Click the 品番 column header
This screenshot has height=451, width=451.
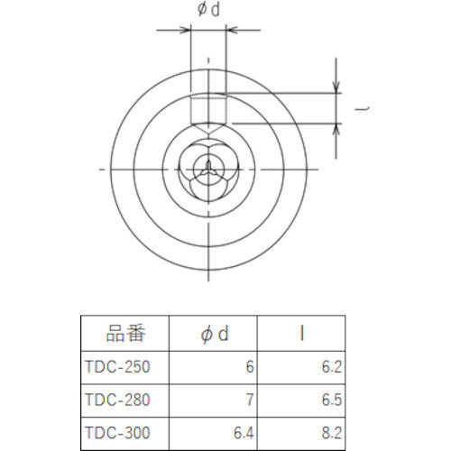coord(124,335)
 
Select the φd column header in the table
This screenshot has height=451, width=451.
coord(214,335)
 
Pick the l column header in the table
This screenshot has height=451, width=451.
coord(300,335)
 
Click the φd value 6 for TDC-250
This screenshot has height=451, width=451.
coord(249,367)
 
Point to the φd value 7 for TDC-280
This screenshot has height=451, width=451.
coord(249,398)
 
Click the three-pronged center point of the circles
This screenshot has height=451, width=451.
coord(208,169)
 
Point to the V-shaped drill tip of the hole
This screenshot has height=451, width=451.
coord(208,131)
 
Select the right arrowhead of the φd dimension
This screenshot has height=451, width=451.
coord(232,31)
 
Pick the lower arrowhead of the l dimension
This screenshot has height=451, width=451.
coord(337,129)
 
